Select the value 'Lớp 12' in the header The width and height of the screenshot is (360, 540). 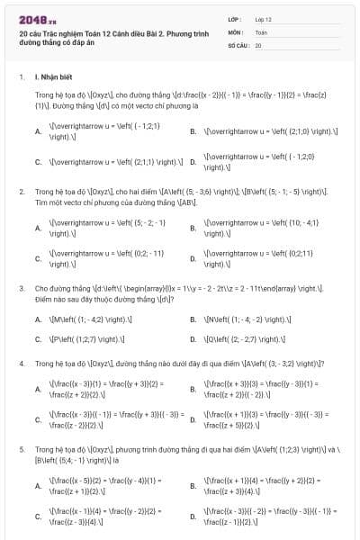[x=263, y=19]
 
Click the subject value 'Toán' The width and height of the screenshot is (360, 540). [x=261, y=31]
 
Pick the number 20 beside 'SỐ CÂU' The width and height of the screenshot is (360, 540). [x=258, y=44]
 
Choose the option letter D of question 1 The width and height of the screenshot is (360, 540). [x=193, y=163]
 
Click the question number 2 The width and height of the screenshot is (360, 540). [x=21, y=192]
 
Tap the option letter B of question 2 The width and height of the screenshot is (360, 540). [x=193, y=227]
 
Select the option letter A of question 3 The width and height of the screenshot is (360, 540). [x=38, y=319]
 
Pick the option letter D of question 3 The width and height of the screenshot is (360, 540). [x=193, y=340]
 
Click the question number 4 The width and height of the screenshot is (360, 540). [x=21, y=363]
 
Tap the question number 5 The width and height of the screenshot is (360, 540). [x=21, y=446]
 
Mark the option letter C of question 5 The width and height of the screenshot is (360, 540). [x=38, y=517]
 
